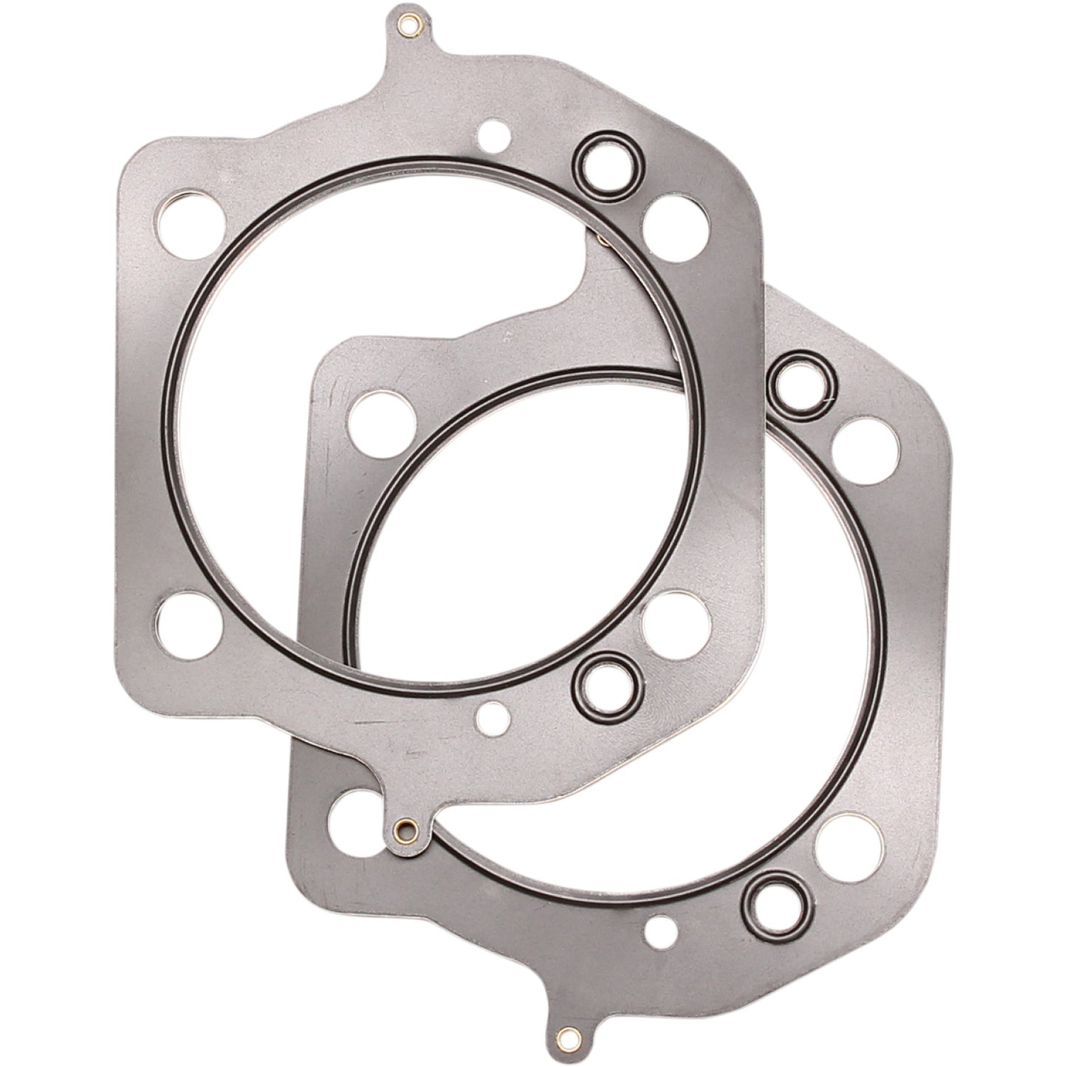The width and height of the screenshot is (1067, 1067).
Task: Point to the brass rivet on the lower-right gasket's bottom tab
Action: click(x=566, y=1034)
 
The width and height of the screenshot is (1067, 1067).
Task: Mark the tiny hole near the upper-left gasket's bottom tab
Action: click(x=490, y=715)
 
